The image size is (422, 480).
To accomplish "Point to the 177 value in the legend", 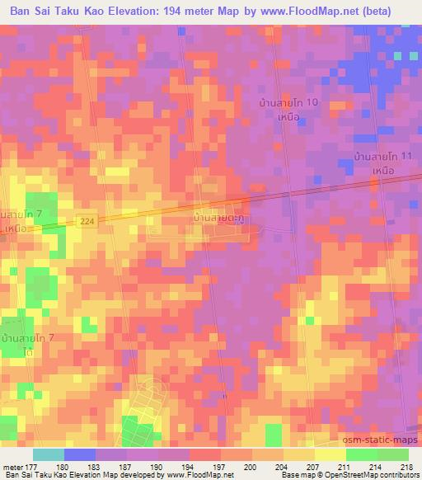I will pyautogui.click(x=30, y=467).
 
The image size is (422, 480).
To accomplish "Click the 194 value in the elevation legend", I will pyautogui.click(x=187, y=467).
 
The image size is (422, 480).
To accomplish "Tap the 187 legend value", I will pyautogui.click(x=124, y=467).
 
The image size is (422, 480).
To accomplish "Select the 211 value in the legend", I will pyautogui.click(x=345, y=467).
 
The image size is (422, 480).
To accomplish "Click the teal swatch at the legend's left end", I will pyautogui.click(x=49, y=454).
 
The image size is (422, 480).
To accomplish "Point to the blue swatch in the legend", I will pyautogui.click(x=80, y=454).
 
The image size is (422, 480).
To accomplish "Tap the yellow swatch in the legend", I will pyautogui.click(x=330, y=454).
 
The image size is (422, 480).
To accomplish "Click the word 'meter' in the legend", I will pyautogui.click(x=12, y=467).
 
